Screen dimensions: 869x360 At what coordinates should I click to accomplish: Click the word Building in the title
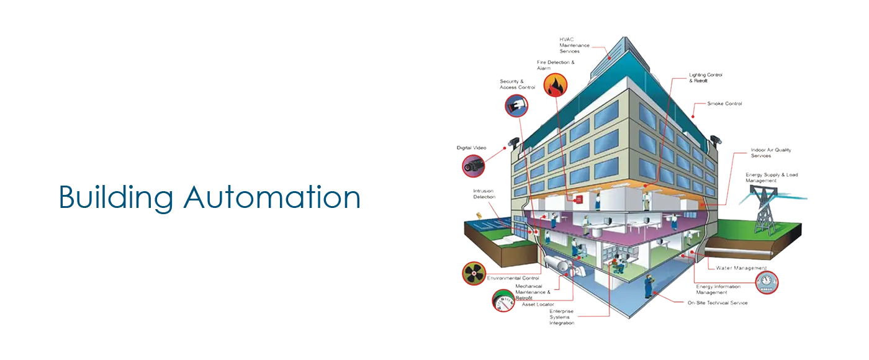click(x=116, y=198)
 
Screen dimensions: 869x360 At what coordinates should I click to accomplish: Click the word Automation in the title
click(x=272, y=197)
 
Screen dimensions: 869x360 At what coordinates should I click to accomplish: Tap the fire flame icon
click(x=555, y=86)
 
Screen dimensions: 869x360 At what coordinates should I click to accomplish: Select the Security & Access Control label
click(x=517, y=84)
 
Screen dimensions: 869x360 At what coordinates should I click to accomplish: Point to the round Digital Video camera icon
click(x=473, y=166)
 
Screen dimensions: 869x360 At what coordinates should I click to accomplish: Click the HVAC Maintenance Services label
click(x=574, y=45)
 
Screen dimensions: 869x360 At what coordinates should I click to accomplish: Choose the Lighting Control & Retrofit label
click(x=705, y=78)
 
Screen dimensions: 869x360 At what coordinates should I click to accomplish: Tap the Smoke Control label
click(x=724, y=104)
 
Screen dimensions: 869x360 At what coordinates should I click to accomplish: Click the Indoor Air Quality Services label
click(x=770, y=153)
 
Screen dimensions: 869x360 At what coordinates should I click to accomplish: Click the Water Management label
click(x=741, y=268)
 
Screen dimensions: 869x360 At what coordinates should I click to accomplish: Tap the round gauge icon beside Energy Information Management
click(x=767, y=282)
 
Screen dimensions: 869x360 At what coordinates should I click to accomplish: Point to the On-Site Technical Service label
click(x=718, y=303)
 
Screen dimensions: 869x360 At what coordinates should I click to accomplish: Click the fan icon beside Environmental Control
click(x=474, y=274)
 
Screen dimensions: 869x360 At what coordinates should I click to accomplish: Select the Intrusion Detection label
click(x=484, y=194)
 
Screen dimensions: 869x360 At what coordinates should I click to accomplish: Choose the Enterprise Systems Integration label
click(x=561, y=317)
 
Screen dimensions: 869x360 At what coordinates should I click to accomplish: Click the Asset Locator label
click(x=538, y=305)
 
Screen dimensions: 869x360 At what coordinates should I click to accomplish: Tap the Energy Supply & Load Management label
click(x=772, y=178)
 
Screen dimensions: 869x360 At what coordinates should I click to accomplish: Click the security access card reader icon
click(x=516, y=106)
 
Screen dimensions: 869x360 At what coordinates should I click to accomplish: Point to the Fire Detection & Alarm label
click(x=556, y=65)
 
